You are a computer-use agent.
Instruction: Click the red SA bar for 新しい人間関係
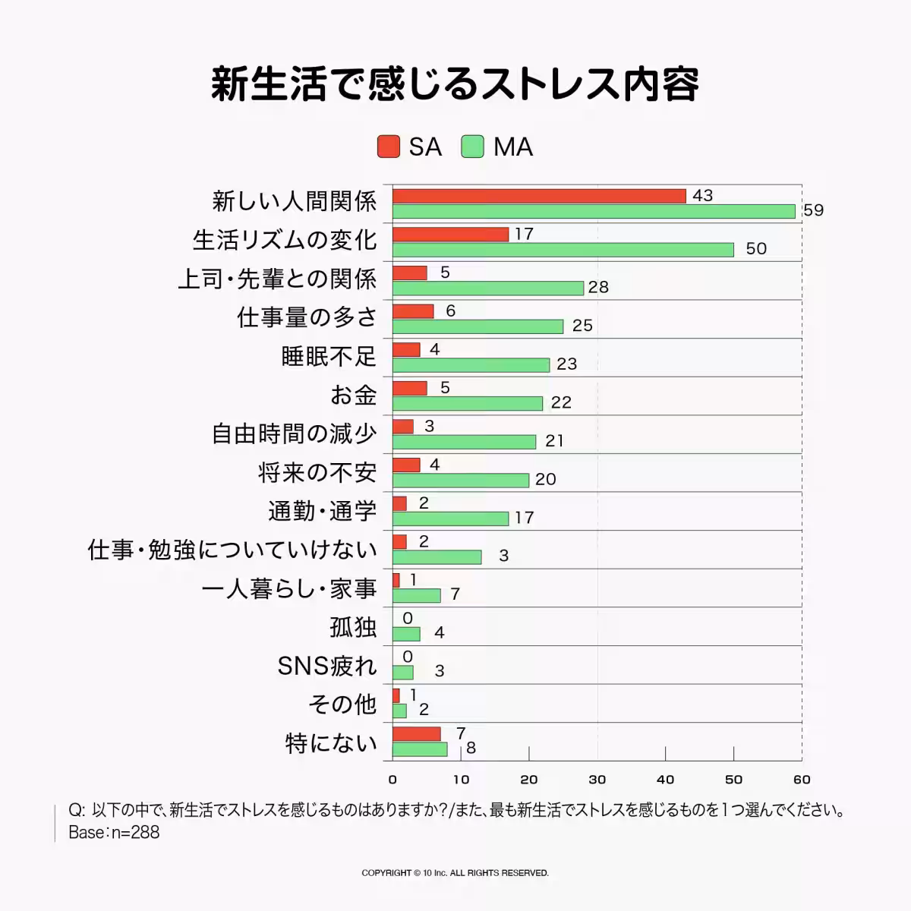[x=539, y=196]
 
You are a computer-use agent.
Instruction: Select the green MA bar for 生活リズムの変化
[x=563, y=250]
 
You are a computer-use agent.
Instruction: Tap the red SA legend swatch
[x=389, y=147]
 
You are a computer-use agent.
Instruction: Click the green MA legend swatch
[x=472, y=147]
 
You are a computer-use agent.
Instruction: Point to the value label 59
[x=813, y=210]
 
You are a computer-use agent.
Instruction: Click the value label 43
[x=703, y=195]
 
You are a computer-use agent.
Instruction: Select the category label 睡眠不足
[x=329, y=356]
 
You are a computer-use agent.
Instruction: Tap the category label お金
[x=353, y=395]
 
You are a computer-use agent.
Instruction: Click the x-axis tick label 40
[x=665, y=779]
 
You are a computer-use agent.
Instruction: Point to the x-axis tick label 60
[x=802, y=779]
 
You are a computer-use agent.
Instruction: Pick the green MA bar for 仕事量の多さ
[x=478, y=326]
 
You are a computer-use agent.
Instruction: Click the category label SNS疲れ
[x=327, y=666]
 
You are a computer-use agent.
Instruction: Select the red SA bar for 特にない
[x=416, y=734]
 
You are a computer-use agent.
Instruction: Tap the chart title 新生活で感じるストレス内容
[x=455, y=84]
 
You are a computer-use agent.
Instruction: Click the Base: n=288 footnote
[x=114, y=832]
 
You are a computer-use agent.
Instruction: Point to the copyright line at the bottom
[x=455, y=873]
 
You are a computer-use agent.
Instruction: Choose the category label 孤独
[x=353, y=627]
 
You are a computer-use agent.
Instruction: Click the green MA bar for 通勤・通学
[x=450, y=519]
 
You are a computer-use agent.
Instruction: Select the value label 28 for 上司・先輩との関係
[x=598, y=287]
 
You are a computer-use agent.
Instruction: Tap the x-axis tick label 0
[x=392, y=779]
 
